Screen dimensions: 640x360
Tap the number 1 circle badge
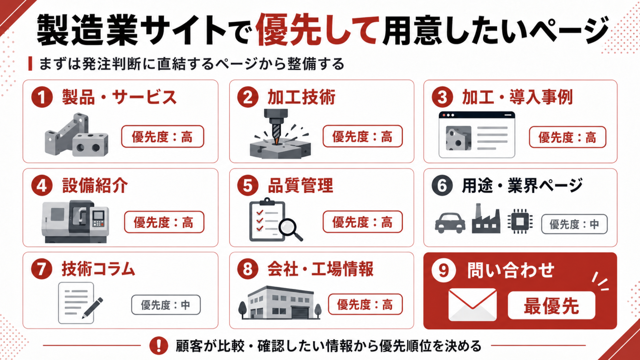(x=42, y=97)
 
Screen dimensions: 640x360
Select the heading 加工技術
(x=301, y=97)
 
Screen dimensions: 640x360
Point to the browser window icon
(x=477, y=135)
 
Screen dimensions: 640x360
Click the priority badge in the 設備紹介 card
(x=164, y=222)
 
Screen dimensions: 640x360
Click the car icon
(x=450, y=223)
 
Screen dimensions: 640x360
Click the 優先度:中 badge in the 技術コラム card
(x=166, y=305)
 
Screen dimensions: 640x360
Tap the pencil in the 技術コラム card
(x=93, y=308)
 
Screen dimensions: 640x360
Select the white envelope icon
(x=472, y=305)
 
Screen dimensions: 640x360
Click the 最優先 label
(x=551, y=306)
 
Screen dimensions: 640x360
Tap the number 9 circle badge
(x=444, y=270)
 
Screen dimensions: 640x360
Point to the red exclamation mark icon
(x=159, y=345)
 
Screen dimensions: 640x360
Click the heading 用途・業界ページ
(x=522, y=186)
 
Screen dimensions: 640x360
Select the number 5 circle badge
(x=248, y=185)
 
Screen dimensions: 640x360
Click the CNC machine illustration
(x=75, y=222)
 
